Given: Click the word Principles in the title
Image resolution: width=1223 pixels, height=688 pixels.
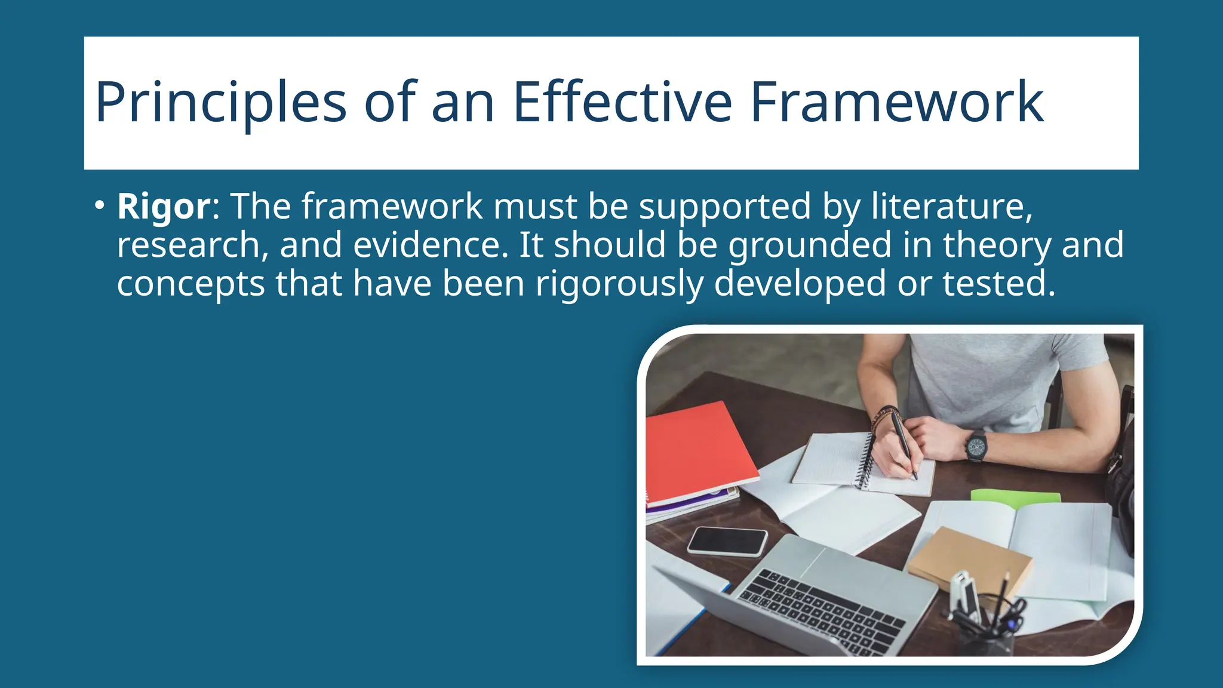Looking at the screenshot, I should [220, 103].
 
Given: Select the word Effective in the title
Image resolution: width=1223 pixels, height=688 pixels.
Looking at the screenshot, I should [622, 103].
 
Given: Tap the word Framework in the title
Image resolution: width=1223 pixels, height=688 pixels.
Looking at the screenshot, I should [896, 103].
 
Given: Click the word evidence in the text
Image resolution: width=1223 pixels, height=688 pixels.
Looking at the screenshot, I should [431, 245].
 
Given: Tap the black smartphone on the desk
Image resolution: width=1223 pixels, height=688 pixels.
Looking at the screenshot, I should [727, 541].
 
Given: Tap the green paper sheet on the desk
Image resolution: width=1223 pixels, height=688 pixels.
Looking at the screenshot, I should [1015, 496].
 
